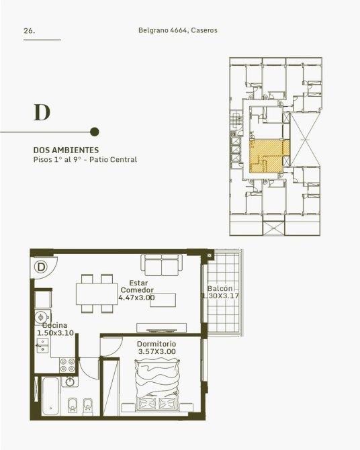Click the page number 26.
click(30, 31)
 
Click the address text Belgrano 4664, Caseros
click(178, 30)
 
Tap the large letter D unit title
click(42, 112)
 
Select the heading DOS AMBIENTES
click(66, 150)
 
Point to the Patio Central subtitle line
click(85, 159)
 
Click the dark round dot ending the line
click(95, 132)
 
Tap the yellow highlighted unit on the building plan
click(269, 156)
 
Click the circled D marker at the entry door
click(42, 267)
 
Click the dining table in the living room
click(97, 294)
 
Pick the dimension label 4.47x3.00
click(136, 298)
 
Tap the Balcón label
click(220, 288)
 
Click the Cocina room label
click(54, 325)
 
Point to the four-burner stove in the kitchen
click(68, 365)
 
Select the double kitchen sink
click(43, 345)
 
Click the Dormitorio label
click(156, 344)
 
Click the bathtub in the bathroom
click(51, 396)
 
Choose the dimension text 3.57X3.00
click(156, 351)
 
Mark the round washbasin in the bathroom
click(70, 381)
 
